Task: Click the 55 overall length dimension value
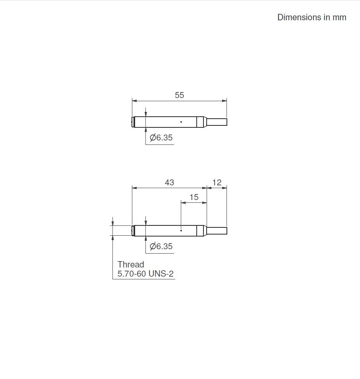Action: click(x=179, y=95)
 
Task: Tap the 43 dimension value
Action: click(x=169, y=182)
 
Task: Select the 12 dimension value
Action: click(x=217, y=183)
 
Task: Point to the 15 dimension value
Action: click(x=194, y=197)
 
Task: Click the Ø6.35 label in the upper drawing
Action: click(x=161, y=138)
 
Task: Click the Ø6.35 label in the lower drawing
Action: click(x=161, y=246)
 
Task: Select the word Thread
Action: click(x=131, y=264)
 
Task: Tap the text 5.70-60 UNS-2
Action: click(x=145, y=273)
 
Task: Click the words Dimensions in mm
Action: click(x=312, y=17)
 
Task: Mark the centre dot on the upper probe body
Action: click(x=181, y=122)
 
